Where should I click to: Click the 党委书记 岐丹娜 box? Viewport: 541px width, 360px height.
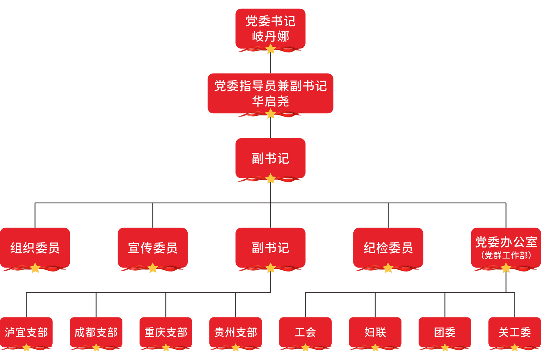270,29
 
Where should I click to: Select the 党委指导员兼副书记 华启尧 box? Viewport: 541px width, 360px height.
270,93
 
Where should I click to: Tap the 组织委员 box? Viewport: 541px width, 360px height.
35,248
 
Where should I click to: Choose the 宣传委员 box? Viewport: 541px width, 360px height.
153,248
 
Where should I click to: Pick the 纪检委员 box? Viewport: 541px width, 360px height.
388,248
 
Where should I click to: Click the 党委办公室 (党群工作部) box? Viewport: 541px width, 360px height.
506,248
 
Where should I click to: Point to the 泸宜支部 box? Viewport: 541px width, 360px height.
26,332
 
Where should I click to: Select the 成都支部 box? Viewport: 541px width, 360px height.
96,332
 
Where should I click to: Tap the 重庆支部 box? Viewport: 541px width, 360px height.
166,332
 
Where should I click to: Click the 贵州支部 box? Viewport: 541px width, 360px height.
236,332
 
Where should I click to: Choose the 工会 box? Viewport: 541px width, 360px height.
305,332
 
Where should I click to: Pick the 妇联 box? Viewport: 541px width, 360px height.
375,332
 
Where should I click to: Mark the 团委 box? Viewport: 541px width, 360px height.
445,332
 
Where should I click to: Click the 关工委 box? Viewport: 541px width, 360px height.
515,332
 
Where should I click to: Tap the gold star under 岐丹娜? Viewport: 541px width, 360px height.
271,49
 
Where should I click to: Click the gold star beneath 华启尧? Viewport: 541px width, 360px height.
271,114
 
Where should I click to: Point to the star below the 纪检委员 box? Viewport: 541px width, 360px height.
388,268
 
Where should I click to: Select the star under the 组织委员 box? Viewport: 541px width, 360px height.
35,268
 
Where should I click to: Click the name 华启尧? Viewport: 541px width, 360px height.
271,101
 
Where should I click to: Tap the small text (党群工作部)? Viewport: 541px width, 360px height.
506,255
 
